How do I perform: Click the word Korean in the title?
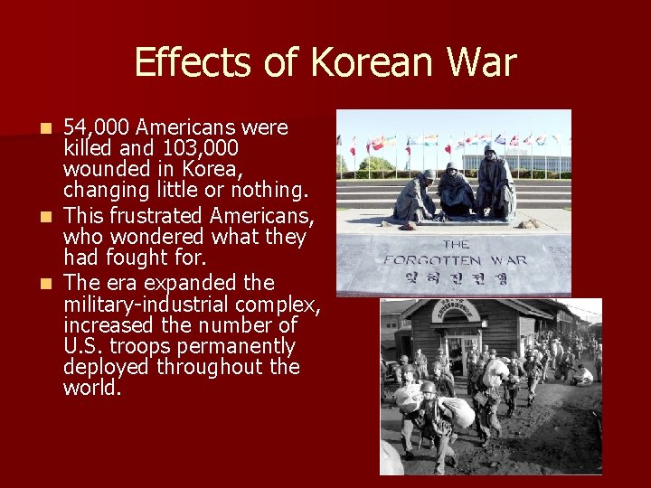tap(366, 63)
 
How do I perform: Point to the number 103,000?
tap(189, 148)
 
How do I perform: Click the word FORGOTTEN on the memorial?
tap(455, 260)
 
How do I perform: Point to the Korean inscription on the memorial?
tap(455, 278)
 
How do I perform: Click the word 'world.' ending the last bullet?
tap(92, 389)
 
